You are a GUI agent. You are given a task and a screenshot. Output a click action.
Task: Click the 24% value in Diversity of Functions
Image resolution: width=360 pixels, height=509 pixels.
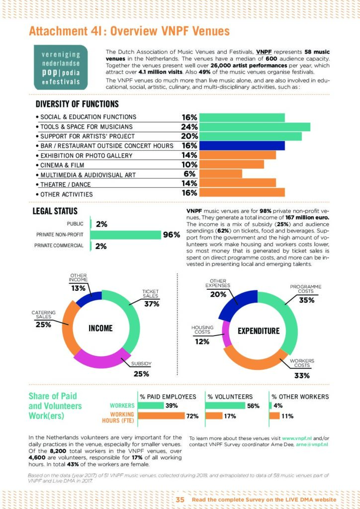189,127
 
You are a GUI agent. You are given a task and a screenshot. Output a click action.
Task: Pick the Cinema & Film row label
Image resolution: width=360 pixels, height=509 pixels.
62,165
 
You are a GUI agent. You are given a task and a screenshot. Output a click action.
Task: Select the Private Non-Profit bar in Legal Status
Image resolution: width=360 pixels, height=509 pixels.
126,235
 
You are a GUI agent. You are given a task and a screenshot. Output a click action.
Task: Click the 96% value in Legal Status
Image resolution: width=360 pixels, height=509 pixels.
171,235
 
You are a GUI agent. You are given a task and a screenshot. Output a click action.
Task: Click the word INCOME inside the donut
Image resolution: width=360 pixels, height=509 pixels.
100,329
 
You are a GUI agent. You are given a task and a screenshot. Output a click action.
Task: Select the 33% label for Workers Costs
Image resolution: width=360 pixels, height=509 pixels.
302,376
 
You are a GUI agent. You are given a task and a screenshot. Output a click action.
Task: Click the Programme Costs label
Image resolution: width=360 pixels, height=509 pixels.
305,289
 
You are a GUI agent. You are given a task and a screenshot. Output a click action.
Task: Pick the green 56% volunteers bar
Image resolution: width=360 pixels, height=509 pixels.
225,406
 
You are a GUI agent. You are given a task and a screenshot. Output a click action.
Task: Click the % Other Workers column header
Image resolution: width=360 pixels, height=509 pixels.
300,397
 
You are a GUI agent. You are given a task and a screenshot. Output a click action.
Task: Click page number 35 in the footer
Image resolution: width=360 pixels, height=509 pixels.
180,499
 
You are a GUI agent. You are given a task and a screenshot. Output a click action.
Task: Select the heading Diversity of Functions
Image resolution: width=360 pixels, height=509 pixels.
77,104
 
